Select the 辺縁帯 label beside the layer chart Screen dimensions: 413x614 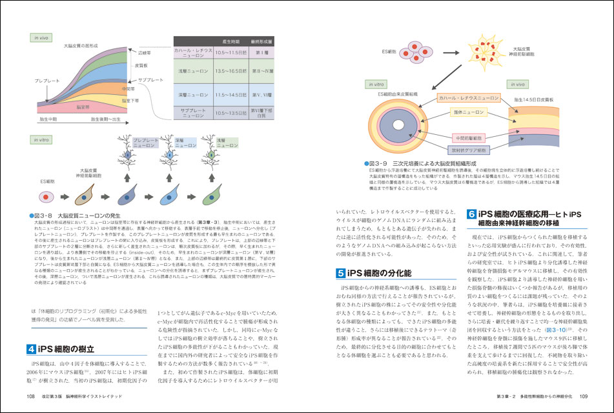[145, 53]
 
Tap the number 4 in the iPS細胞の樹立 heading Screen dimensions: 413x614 [31, 349]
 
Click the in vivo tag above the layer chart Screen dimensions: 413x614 [43, 37]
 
